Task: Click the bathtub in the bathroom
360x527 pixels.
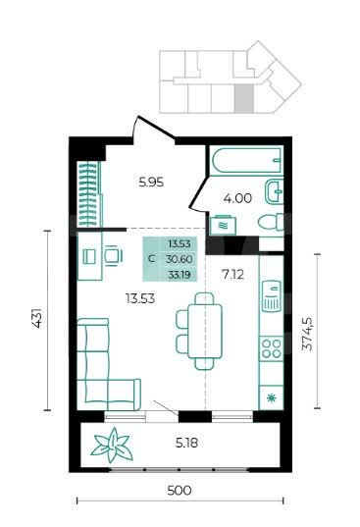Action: pos(246,160)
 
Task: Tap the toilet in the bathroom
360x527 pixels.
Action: pos(271,222)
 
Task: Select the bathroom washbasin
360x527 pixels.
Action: pos(274,191)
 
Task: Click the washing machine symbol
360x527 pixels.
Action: pos(223,225)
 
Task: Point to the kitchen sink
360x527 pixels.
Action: pos(272,295)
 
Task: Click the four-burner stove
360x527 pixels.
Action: pos(272,348)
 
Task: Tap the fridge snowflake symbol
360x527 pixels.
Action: pos(271,397)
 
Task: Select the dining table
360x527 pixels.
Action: pos(204,331)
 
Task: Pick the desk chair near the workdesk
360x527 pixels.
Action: pos(113,256)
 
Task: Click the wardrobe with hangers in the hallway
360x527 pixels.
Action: pos(89,194)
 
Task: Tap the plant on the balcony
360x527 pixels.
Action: pos(112,445)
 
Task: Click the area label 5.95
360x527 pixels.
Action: pos(151,183)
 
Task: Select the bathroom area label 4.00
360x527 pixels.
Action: pos(237,198)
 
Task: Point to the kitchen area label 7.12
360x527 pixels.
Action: pos(232,275)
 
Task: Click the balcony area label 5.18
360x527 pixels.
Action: pos(186,443)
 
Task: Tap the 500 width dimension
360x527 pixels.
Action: pos(180,491)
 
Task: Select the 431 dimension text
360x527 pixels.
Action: pos(37,318)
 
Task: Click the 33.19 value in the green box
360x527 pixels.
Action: pos(180,275)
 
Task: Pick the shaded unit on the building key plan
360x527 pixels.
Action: pos(243,97)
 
